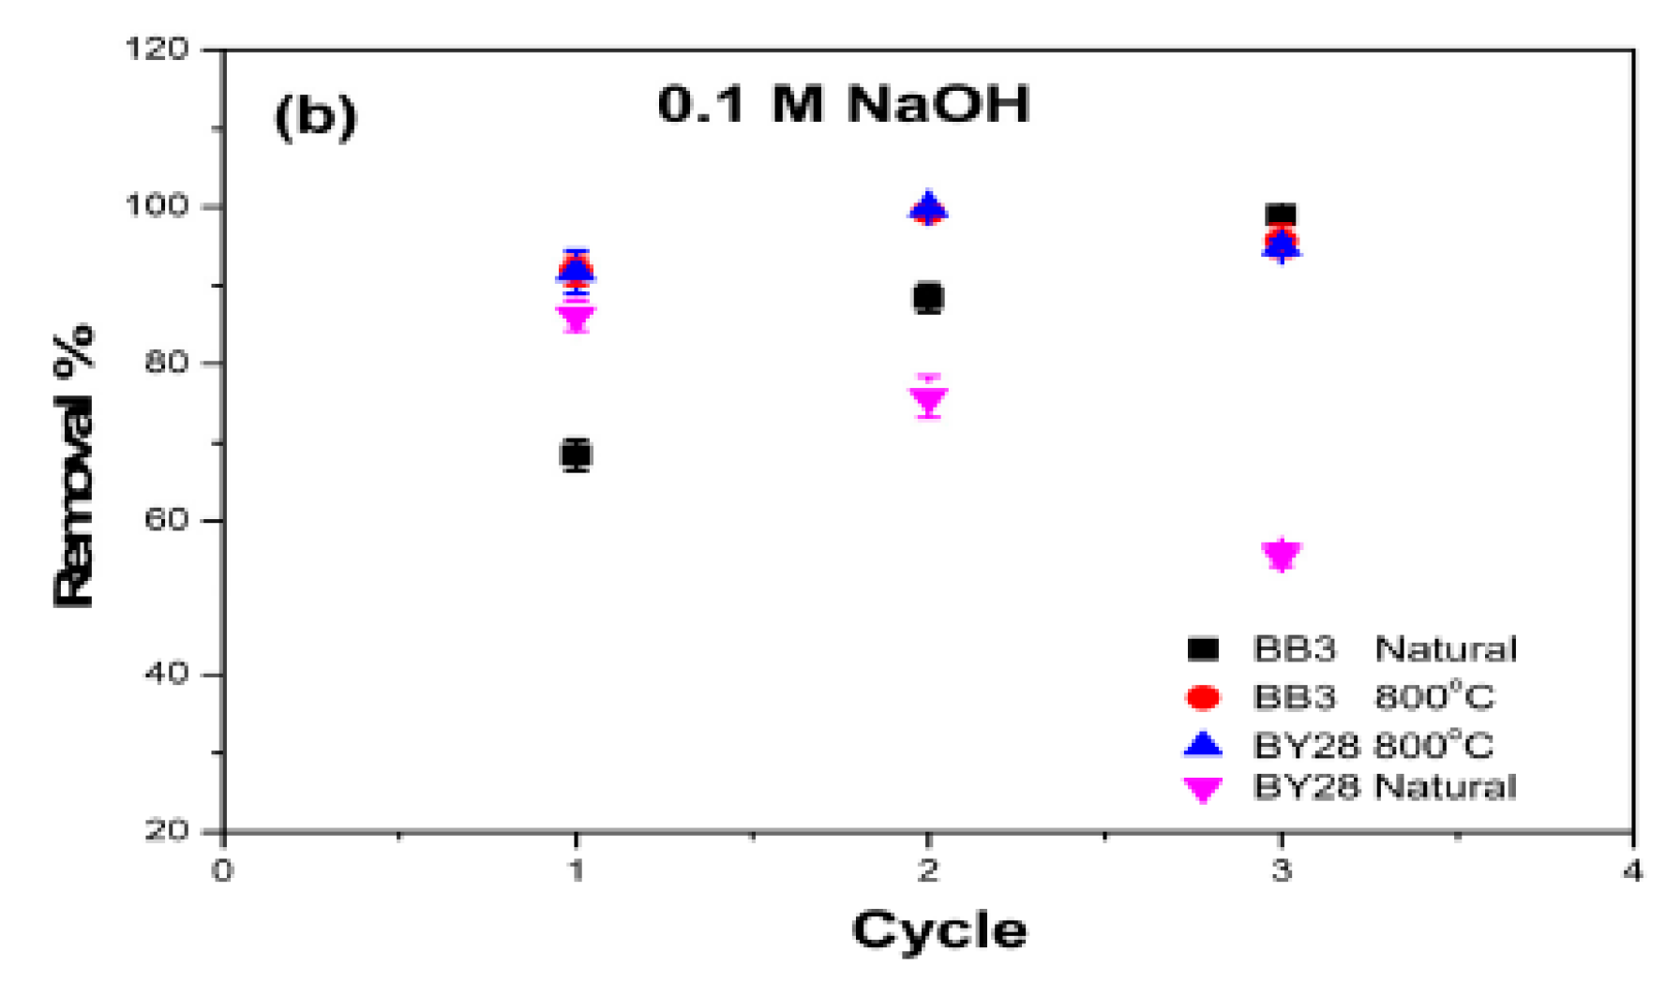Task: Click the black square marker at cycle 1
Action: pyautogui.click(x=576, y=455)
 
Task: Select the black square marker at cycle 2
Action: pyautogui.click(x=928, y=298)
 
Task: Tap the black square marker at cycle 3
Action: pyautogui.click(x=1281, y=216)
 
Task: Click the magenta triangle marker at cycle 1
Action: pyautogui.click(x=576, y=319)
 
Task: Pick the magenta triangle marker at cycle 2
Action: pyautogui.click(x=928, y=402)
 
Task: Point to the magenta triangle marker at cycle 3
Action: pyautogui.click(x=1281, y=555)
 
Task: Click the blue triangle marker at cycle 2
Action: pyautogui.click(x=928, y=207)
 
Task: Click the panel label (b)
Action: pyautogui.click(x=316, y=117)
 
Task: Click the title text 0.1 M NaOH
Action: pyautogui.click(x=843, y=103)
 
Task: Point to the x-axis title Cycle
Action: pyautogui.click(x=938, y=930)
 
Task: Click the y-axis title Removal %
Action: pyautogui.click(x=75, y=466)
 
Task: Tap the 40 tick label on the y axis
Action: pyautogui.click(x=166, y=674)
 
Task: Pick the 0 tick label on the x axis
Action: pyautogui.click(x=222, y=871)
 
